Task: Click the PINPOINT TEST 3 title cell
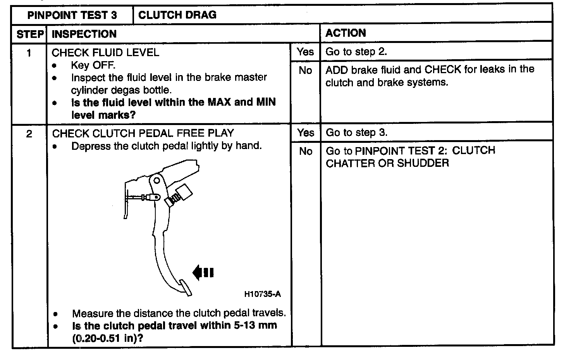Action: pyautogui.click(x=72, y=15)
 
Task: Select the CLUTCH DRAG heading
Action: pyautogui.click(x=177, y=15)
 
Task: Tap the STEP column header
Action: pyautogui.click(x=30, y=34)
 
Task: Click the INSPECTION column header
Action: pyautogui.click(x=84, y=34)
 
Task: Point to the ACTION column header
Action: pyautogui.click(x=346, y=33)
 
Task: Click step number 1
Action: pyautogui.click(x=29, y=53)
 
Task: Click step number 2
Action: pyautogui.click(x=29, y=134)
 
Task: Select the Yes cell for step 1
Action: pyautogui.click(x=305, y=51)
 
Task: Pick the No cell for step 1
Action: pyautogui.click(x=305, y=70)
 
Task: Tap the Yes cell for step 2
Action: pyautogui.click(x=306, y=133)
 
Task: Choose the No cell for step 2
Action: pyautogui.click(x=306, y=151)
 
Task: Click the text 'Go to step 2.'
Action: pyautogui.click(x=356, y=52)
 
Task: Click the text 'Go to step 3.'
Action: pyautogui.click(x=356, y=133)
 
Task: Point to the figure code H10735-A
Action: pyautogui.click(x=262, y=294)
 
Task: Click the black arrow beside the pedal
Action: pyautogui.click(x=203, y=273)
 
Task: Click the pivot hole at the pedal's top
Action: pyautogui.click(x=156, y=180)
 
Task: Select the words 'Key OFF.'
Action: pyautogui.click(x=93, y=65)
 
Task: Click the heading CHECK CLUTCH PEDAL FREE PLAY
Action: pyautogui.click(x=143, y=134)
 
